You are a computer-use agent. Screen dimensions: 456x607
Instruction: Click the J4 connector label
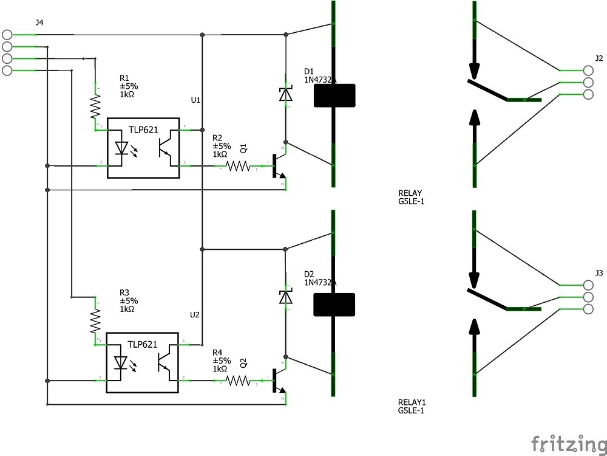[39, 23]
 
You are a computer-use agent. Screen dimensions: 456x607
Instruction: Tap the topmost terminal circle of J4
[7, 35]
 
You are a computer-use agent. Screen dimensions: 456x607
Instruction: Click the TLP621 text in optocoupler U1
[143, 130]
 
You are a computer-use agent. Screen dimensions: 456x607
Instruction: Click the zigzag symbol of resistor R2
[239, 165]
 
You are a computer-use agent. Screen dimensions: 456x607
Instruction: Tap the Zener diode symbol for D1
[285, 94]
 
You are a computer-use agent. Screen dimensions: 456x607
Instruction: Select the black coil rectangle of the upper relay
[334, 95]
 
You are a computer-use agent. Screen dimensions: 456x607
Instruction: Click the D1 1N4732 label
[317, 75]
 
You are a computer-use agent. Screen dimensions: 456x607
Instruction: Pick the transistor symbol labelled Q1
[276, 166]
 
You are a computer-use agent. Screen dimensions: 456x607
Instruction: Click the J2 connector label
[599, 58]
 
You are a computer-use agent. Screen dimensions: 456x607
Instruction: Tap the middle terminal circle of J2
[588, 83]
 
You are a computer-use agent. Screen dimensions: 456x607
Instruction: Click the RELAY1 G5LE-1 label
[411, 406]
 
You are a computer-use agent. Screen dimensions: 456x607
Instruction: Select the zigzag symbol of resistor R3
[95, 320]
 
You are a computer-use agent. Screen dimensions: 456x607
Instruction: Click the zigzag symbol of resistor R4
[239, 381]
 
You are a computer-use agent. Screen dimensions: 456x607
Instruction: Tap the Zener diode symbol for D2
[285, 296]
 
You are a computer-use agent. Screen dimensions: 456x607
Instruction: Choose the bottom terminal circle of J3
[588, 309]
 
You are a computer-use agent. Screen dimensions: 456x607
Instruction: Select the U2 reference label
[195, 314]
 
